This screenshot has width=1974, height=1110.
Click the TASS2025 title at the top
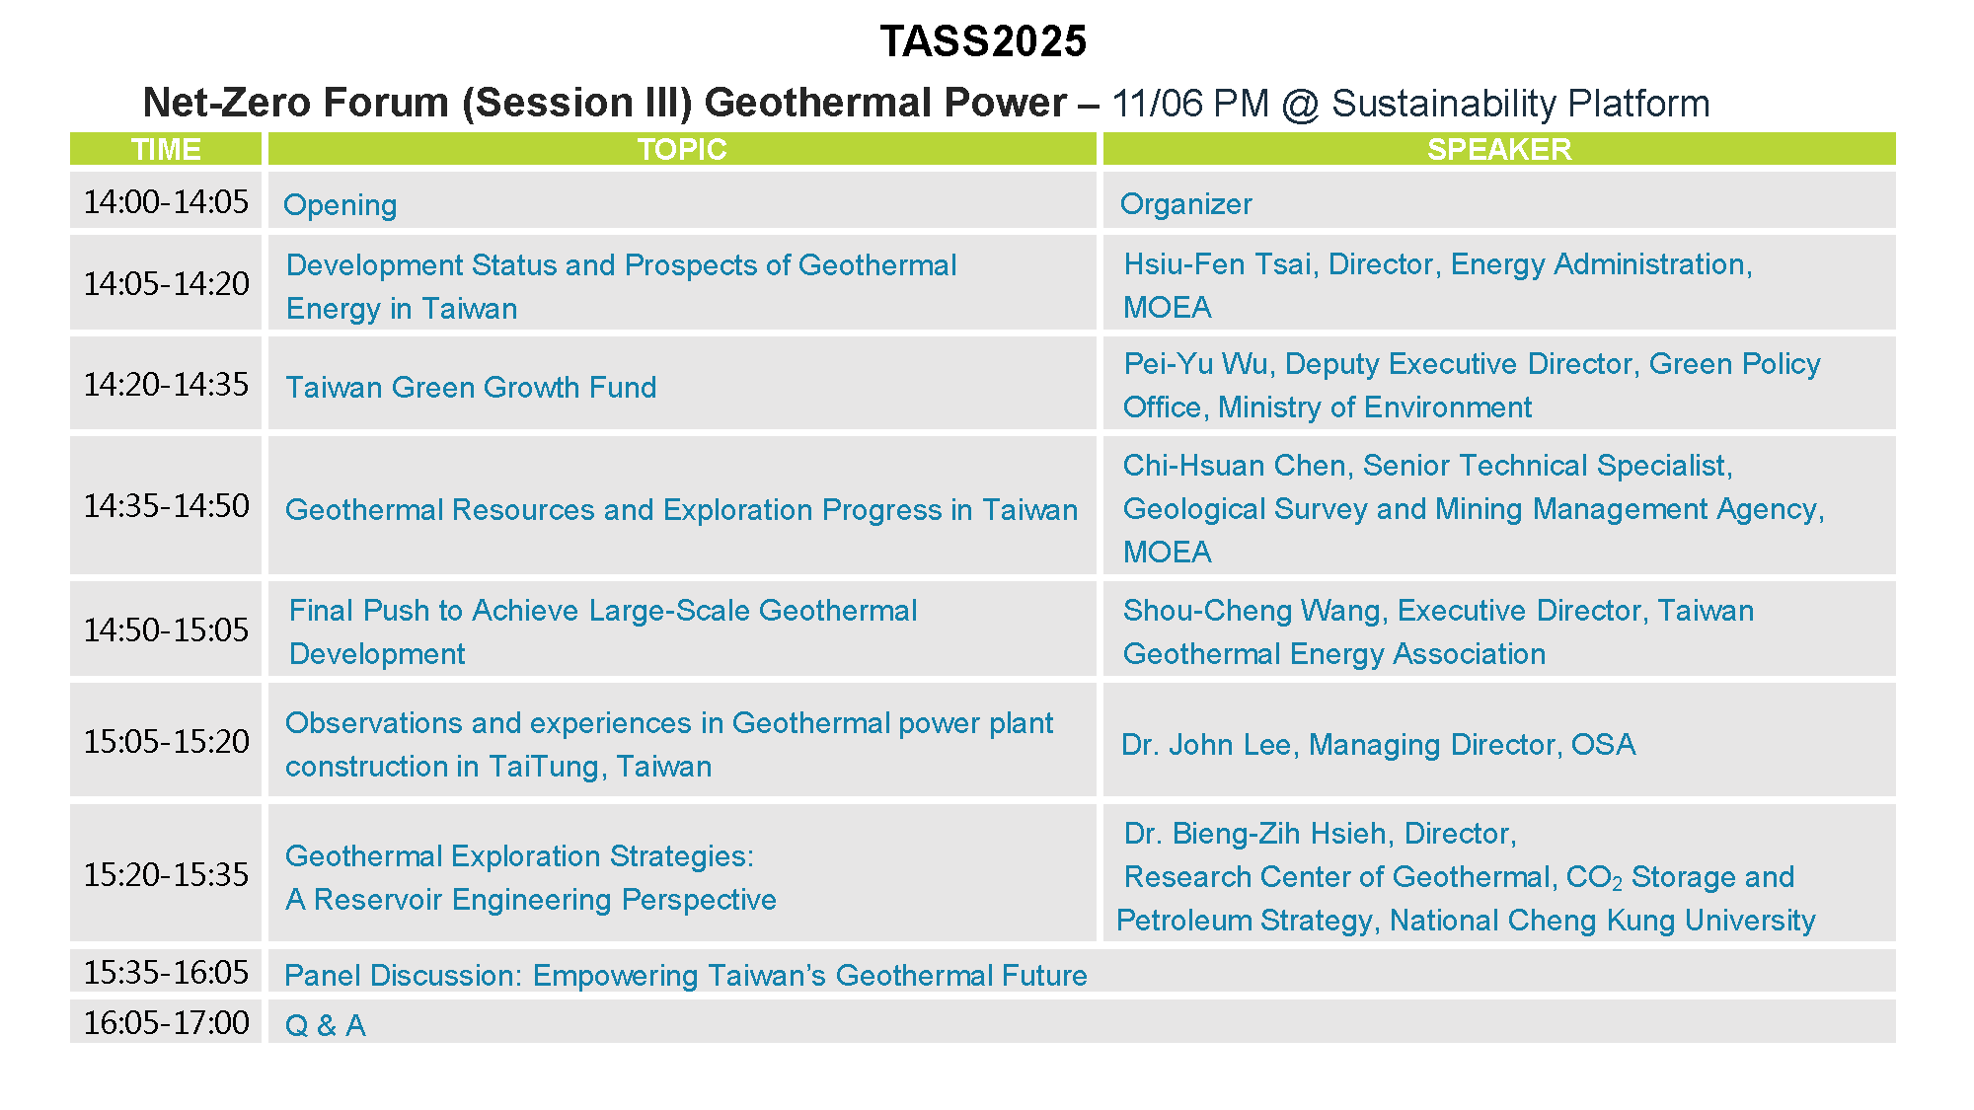983,41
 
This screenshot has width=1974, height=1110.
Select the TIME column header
166,149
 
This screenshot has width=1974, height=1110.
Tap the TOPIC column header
682,149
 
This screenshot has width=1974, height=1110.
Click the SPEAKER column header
1499,149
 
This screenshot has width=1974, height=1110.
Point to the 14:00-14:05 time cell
166,201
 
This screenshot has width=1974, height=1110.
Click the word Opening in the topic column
341,205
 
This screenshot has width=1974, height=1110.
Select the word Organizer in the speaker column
1186,204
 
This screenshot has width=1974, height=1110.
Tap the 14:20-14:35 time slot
166,384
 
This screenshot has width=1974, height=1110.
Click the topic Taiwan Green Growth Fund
471,388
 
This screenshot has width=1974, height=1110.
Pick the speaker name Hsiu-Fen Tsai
1219,264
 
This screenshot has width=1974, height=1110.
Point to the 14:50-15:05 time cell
166,629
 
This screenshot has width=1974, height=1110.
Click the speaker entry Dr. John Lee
1206,745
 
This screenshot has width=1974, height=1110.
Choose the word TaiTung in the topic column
546,767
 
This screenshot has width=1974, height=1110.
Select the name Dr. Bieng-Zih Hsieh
1255,834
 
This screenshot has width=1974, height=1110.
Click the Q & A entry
325,1026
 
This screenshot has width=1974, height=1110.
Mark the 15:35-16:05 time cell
166,972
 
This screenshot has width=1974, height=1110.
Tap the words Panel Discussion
401,976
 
